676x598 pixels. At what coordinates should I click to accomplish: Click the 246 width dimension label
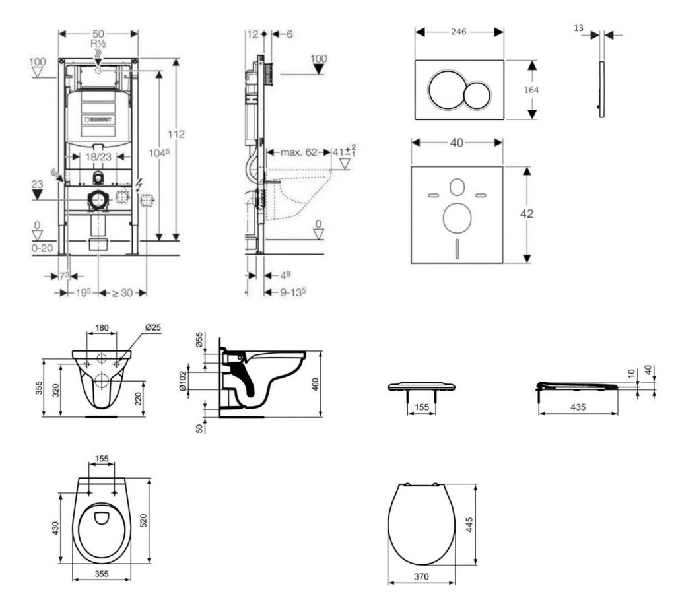(x=459, y=32)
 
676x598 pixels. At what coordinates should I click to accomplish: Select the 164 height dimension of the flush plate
(x=522, y=90)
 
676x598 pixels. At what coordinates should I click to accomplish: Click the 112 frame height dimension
(x=176, y=135)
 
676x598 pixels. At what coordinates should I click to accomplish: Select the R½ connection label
(x=98, y=44)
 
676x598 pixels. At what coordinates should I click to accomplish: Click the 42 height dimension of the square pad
(x=526, y=214)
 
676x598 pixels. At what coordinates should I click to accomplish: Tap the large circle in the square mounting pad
(x=456, y=218)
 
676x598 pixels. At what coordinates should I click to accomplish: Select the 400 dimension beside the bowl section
(x=316, y=384)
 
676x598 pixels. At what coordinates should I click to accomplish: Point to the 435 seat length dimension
(x=577, y=407)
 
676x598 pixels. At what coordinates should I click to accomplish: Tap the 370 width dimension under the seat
(x=422, y=576)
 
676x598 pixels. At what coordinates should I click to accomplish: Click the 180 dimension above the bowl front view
(x=102, y=328)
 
